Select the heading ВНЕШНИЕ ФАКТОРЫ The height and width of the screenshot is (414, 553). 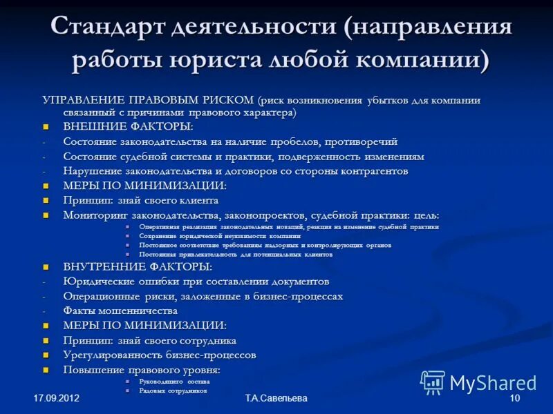(128, 127)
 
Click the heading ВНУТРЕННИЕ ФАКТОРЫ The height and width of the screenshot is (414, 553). (137, 267)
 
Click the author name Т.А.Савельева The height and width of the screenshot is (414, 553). (276, 399)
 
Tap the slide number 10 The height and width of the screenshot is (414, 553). (514, 399)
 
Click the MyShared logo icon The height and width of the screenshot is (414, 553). (433, 382)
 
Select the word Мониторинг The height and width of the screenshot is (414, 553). (93, 215)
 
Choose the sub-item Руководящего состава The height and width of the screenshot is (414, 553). (174, 381)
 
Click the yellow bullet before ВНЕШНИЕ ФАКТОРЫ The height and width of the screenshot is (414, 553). (46, 128)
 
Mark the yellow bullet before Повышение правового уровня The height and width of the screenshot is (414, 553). (46, 371)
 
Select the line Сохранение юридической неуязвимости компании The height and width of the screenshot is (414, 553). (220, 236)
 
